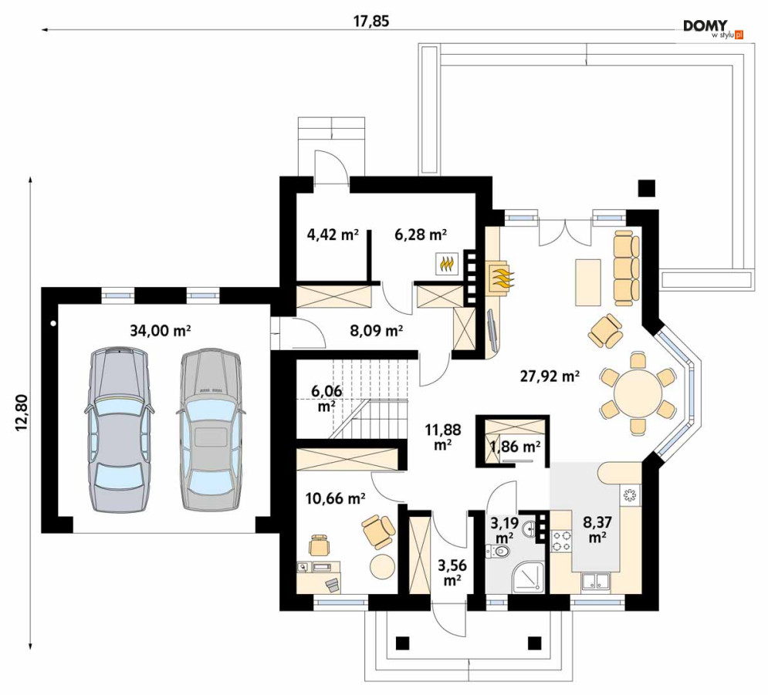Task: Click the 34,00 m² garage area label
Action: pyautogui.click(x=161, y=331)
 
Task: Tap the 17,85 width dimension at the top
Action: pyautogui.click(x=370, y=22)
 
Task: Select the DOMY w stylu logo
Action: pyautogui.click(x=713, y=29)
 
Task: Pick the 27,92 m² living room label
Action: pyautogui.click(x=550, y=376)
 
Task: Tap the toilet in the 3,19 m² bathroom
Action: pyautogui.click(x=499, y=552)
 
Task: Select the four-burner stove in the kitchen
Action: pyautogui.click(x=561, y=540)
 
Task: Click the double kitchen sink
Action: pyautogui.click(x=596, y=582)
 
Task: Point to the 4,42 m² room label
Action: pyautogui.click(x=333, y=235)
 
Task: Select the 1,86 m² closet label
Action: pyautogui.click(x=516, y=447)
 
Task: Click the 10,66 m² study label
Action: pyautogui.click(x=335, y=499)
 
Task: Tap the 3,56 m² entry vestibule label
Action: pyautogui.click(x=452, y=572)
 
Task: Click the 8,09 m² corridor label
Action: pyautogui.click(x=376, y=332)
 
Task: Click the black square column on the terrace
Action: pyautogui.click(x=647, y=188)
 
